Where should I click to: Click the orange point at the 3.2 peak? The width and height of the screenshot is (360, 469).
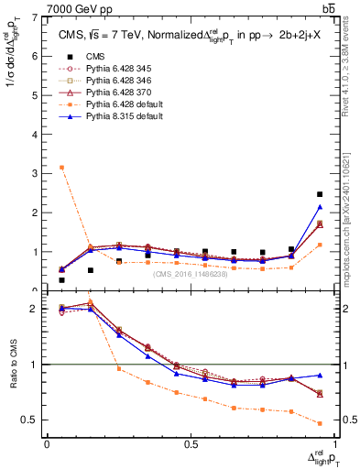point(61,168)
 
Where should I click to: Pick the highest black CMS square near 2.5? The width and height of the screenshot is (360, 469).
point(320,194)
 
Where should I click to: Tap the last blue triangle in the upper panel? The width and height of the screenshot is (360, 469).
point(320,207)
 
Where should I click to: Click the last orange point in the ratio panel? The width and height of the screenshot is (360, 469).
point(320,423)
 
